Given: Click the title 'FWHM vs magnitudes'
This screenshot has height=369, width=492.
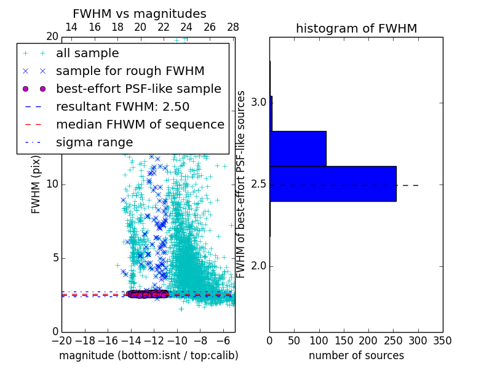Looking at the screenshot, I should click(140, 14).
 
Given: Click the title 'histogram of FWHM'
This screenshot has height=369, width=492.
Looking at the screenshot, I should click(356, 28).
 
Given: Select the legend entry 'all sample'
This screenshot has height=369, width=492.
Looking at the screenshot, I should click(87, 54).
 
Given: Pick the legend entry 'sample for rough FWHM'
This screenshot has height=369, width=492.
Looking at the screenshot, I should click(130, 71).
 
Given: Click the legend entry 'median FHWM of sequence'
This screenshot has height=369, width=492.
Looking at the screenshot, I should click(140, 124).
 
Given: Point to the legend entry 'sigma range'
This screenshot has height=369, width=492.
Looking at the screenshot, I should click(94, 142).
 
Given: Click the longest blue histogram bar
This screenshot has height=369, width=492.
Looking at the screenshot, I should click(333, 183).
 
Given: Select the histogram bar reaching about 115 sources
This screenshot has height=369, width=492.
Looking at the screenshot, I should click(298, 148).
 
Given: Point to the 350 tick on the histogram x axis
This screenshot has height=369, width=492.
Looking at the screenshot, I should click(442, 340).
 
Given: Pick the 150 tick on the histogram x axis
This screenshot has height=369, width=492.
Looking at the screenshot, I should click(344, 340).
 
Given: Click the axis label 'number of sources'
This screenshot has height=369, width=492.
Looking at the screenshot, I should click(356, 355).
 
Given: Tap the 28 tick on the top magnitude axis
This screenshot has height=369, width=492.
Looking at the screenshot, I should click(233, 27).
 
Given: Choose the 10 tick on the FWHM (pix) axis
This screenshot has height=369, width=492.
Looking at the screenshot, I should click(52, 184).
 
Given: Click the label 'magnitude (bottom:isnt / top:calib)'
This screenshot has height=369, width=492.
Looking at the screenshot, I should click(148, 355).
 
